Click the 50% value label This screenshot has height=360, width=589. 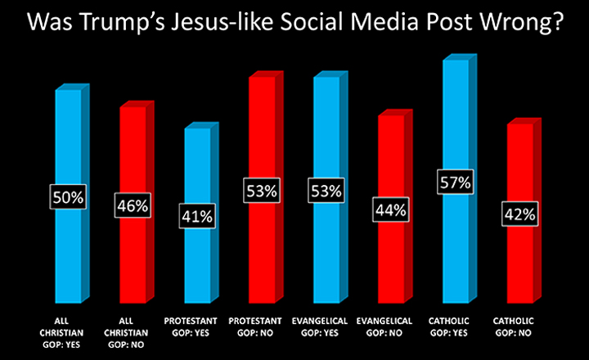point(69,197)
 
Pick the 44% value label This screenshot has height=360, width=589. point(390,209)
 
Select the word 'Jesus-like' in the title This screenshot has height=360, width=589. point(235,25)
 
